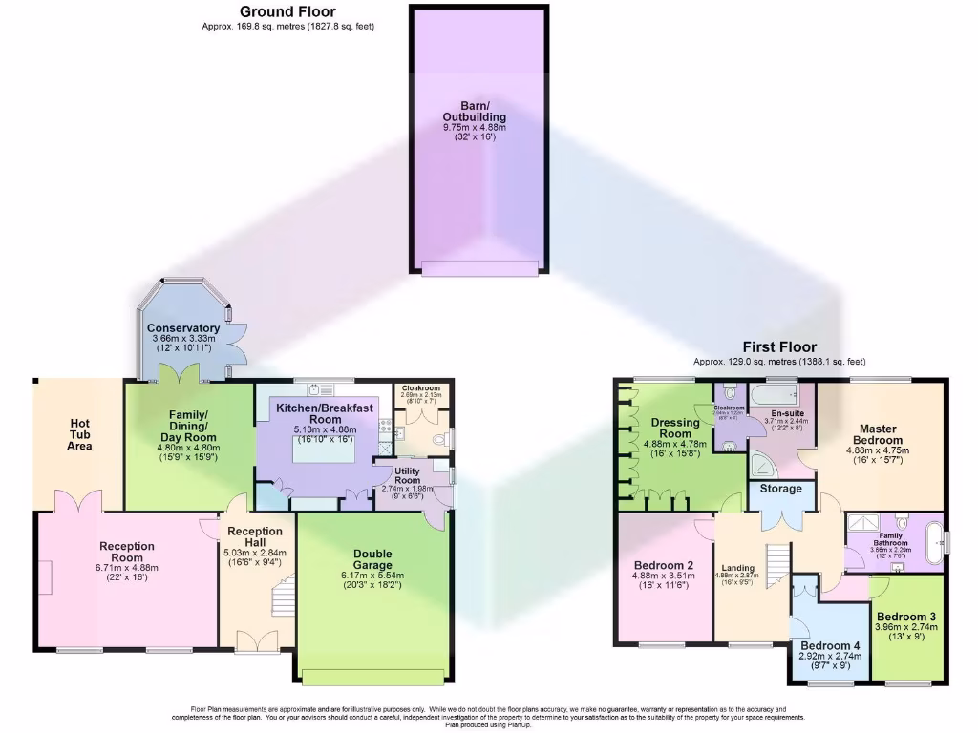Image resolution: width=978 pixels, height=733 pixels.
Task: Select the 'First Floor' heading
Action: [779, 347]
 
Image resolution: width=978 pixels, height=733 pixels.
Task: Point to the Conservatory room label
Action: [182, 328]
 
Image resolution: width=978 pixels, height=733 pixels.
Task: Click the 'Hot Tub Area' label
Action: [79, 434]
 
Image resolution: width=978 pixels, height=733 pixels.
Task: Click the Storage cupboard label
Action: [780, 490]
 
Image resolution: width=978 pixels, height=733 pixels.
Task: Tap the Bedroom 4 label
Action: [830, 646]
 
